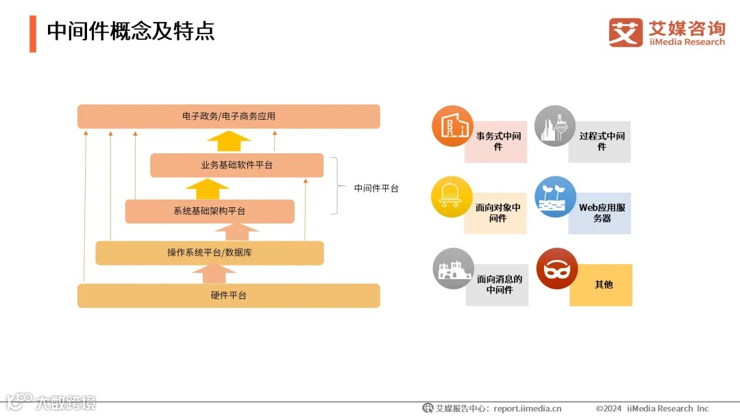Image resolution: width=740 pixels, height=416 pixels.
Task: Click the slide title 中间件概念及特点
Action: (x=130, y=31)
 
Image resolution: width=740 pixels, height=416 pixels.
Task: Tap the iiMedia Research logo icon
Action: (x=626, y=32)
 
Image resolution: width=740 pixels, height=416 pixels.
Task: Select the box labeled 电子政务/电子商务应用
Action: (x=228, y=116)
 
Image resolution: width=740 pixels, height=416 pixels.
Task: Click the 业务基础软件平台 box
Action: (x=236, y=166)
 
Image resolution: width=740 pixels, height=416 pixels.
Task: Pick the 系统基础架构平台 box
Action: (x=209, y=211)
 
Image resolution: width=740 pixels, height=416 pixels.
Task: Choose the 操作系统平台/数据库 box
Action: (x=209, y=252)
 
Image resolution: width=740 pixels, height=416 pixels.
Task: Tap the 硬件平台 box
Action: (x=228, y=296)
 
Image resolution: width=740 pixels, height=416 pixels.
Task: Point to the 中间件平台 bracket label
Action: (x=376, y=188)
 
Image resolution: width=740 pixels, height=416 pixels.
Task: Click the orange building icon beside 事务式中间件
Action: (x=452, y=126)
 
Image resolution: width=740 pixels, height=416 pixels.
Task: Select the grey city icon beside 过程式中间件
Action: (x=554, y=126)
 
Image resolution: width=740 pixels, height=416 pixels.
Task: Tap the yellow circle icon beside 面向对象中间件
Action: (x=452, y=196)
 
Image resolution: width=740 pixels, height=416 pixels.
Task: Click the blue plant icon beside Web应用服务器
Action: (x=555, y=196)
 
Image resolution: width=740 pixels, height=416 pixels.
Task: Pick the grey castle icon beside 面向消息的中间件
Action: (x=453, y=268)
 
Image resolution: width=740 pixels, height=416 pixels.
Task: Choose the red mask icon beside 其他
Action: (x=556, y=268)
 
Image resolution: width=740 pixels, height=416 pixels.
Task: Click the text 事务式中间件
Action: (x=498, y=142)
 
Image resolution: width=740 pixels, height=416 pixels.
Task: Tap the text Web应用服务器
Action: (x=602, y=213)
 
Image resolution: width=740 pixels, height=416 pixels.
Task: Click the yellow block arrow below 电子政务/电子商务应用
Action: (x=229, y=142)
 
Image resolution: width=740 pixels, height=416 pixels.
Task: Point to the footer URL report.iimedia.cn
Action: (x=527, y=408)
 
